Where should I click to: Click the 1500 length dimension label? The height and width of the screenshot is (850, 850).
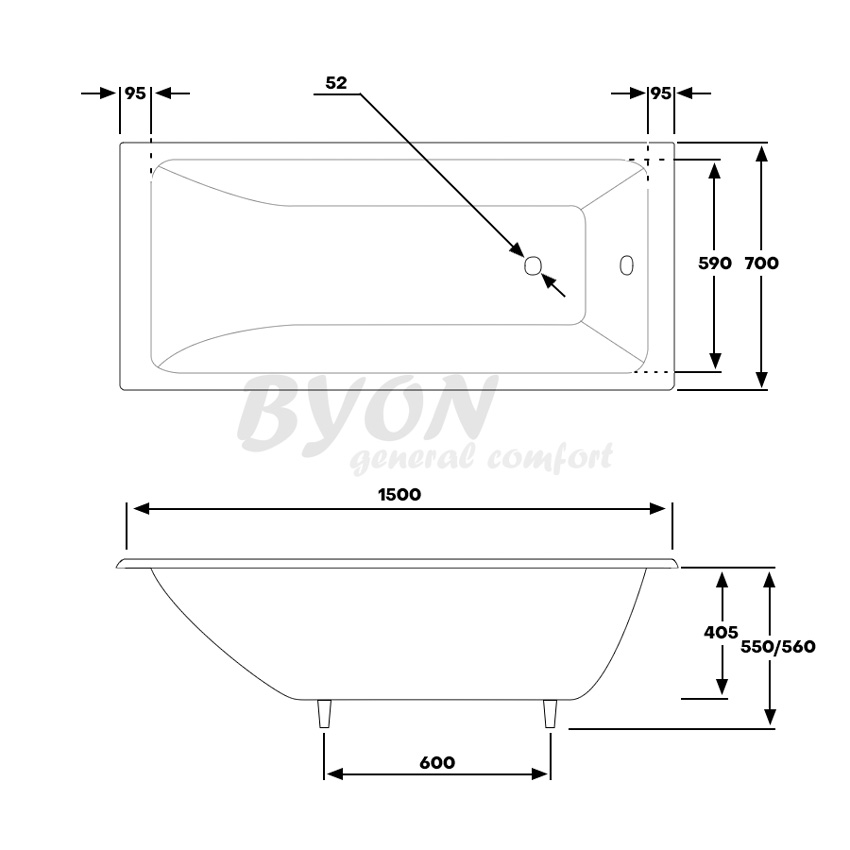[399, 494]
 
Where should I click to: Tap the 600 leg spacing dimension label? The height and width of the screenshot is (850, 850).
[436, 762]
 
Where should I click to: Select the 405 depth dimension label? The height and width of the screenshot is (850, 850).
[720, 632]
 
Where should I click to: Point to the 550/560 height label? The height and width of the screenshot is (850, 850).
[778, 646]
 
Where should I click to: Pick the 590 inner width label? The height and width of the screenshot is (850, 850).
[714, 263]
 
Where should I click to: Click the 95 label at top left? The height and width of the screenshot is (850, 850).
[135, 93]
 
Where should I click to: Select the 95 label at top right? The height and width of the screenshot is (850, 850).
[660, 93]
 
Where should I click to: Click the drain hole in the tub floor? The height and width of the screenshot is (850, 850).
[533, 265]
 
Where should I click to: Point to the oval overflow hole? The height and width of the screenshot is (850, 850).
[626, 265]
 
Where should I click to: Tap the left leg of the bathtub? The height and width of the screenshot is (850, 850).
[323, 715]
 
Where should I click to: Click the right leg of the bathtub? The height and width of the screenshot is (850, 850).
[549, 715]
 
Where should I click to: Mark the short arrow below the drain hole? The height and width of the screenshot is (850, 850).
[553, 285]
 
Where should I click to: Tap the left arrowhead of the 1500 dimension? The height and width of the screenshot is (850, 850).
[140, 508]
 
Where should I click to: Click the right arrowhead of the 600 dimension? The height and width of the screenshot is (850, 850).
[543, 775]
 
